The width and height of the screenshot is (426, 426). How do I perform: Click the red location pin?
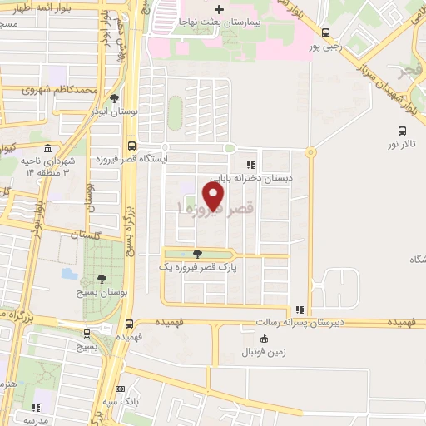(x=214, y=195)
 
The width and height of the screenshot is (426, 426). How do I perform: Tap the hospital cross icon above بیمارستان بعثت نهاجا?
(x=219, y=8)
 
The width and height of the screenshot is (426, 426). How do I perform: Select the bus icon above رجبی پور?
(x=325, y=33)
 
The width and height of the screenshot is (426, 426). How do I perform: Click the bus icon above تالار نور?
(x=403, y=131)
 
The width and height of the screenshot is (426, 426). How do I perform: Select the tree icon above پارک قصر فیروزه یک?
(x=196, y=254)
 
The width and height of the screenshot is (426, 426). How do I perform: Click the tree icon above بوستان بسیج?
(x=102, y=278)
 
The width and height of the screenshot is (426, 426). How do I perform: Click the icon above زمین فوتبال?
(x=264, y=339)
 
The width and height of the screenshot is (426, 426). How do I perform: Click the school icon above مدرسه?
(x=36, y=408)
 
